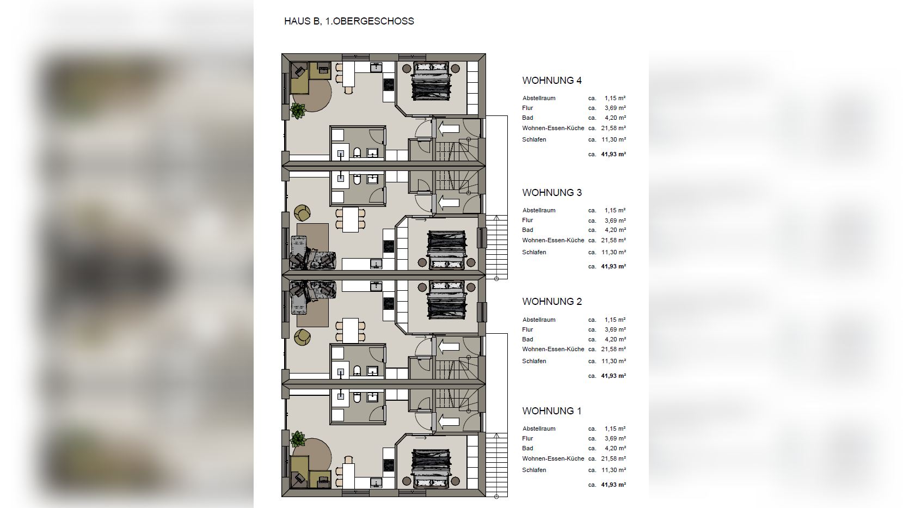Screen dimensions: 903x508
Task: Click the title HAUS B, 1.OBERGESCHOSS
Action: pos(349,21)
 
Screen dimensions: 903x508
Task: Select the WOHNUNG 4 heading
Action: pos(552,81)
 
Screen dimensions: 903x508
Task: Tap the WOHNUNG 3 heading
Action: pos(552,193)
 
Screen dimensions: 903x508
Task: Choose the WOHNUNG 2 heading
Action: pos(552,302)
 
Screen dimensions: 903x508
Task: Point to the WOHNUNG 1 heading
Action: pos(552,411)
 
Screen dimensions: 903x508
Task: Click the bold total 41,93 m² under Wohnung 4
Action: pos(613,154)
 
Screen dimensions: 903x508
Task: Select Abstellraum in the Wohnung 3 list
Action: pos(539,211)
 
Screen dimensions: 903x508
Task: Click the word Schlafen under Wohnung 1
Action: pos(534,470)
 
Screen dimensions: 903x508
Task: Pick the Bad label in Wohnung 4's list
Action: pos(527,118)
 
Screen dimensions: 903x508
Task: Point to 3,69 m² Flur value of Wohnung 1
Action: pos(615,438)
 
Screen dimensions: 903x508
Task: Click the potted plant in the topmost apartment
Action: pos(298,111)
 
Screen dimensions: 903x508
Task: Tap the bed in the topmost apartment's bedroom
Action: pos(431,81)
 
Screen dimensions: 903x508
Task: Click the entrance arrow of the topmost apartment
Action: pos(449,129)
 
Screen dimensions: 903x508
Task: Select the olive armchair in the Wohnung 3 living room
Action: pos(302,213)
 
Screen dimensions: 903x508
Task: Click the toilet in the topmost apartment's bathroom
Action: pos(357,152)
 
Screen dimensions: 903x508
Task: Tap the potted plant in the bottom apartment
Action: pos(298,439)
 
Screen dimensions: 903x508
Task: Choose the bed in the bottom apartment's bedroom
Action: pos(431,469)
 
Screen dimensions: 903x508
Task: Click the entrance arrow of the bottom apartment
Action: pos(449,422)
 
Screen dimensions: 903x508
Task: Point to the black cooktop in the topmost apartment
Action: pos(389,85)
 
